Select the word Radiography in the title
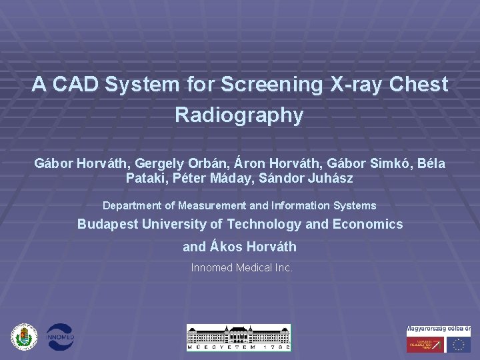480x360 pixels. [239, 115]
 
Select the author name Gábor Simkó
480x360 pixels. [365, 163]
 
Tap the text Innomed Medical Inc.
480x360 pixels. [241, 267]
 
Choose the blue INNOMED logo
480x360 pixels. [59, 337]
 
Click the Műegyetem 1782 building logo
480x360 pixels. [238, 337]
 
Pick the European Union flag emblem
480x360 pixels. [458, 344]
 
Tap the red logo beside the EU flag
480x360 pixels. [425, 344]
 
